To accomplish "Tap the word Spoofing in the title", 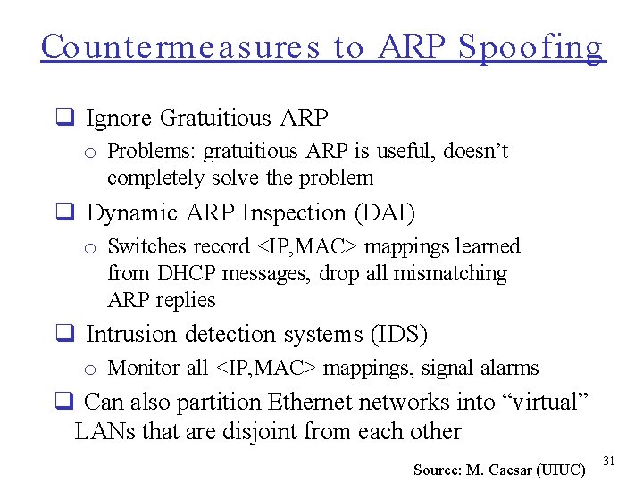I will (531, 48).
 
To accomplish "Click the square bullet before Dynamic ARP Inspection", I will (64, 213).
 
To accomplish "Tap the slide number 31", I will (610, 461).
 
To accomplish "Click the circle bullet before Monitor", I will (90, 370).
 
